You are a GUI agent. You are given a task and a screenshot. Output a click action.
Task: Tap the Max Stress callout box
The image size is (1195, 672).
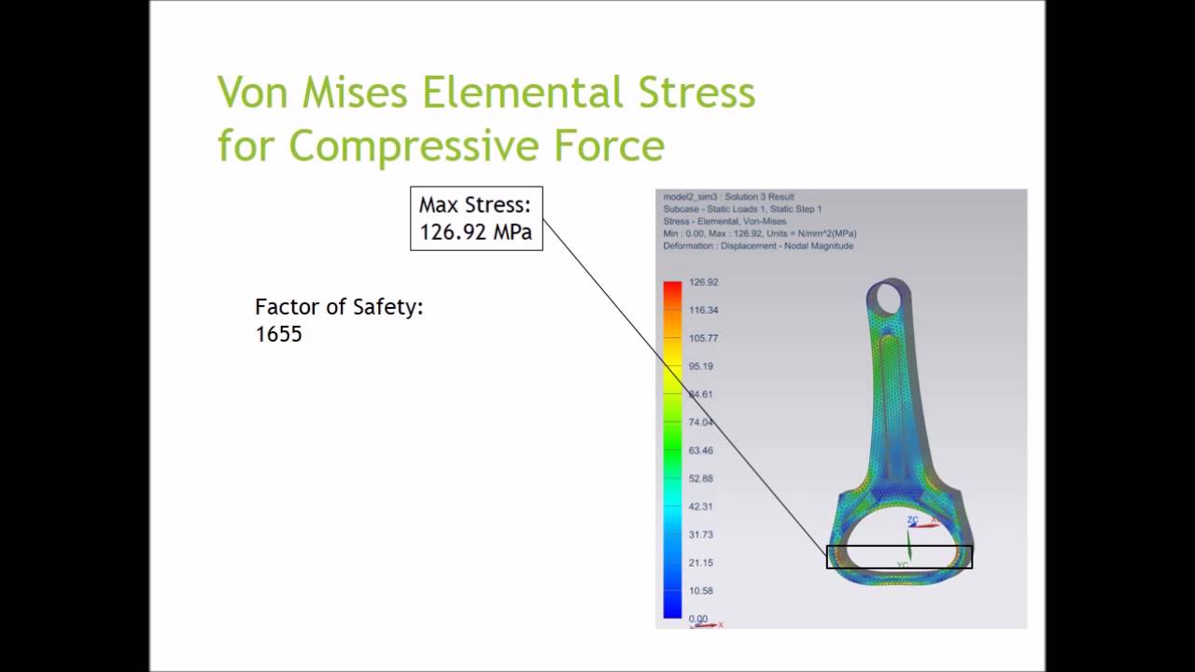476,218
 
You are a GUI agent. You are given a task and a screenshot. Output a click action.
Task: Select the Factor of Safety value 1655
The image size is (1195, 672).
278,334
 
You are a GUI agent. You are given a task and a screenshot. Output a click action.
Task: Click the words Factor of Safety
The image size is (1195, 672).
339,306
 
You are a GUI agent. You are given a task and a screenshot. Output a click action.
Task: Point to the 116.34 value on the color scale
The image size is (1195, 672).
703,310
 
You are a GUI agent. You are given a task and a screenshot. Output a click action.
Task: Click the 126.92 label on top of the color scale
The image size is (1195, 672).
703,282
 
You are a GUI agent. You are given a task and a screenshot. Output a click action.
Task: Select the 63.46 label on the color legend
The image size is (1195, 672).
700,450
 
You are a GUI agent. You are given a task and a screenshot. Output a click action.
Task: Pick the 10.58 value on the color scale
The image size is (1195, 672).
700,591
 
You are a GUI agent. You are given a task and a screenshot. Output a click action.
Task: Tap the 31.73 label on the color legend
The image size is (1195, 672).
700,534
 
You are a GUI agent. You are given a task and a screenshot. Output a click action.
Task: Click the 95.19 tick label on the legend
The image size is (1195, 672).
700,366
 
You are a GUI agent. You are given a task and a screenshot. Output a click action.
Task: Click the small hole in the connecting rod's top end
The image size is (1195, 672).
889,298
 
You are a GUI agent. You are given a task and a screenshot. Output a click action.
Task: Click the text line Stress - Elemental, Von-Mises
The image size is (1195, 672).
724,221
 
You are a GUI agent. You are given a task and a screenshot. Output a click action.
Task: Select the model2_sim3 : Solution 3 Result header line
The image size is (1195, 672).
728,197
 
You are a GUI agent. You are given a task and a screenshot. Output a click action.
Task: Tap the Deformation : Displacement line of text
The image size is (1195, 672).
757,245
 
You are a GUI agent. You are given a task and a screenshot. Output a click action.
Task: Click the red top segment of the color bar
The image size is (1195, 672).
672,289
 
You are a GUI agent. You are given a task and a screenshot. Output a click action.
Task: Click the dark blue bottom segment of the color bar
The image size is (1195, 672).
672,607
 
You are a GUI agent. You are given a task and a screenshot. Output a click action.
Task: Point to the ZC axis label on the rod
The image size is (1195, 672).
912,520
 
